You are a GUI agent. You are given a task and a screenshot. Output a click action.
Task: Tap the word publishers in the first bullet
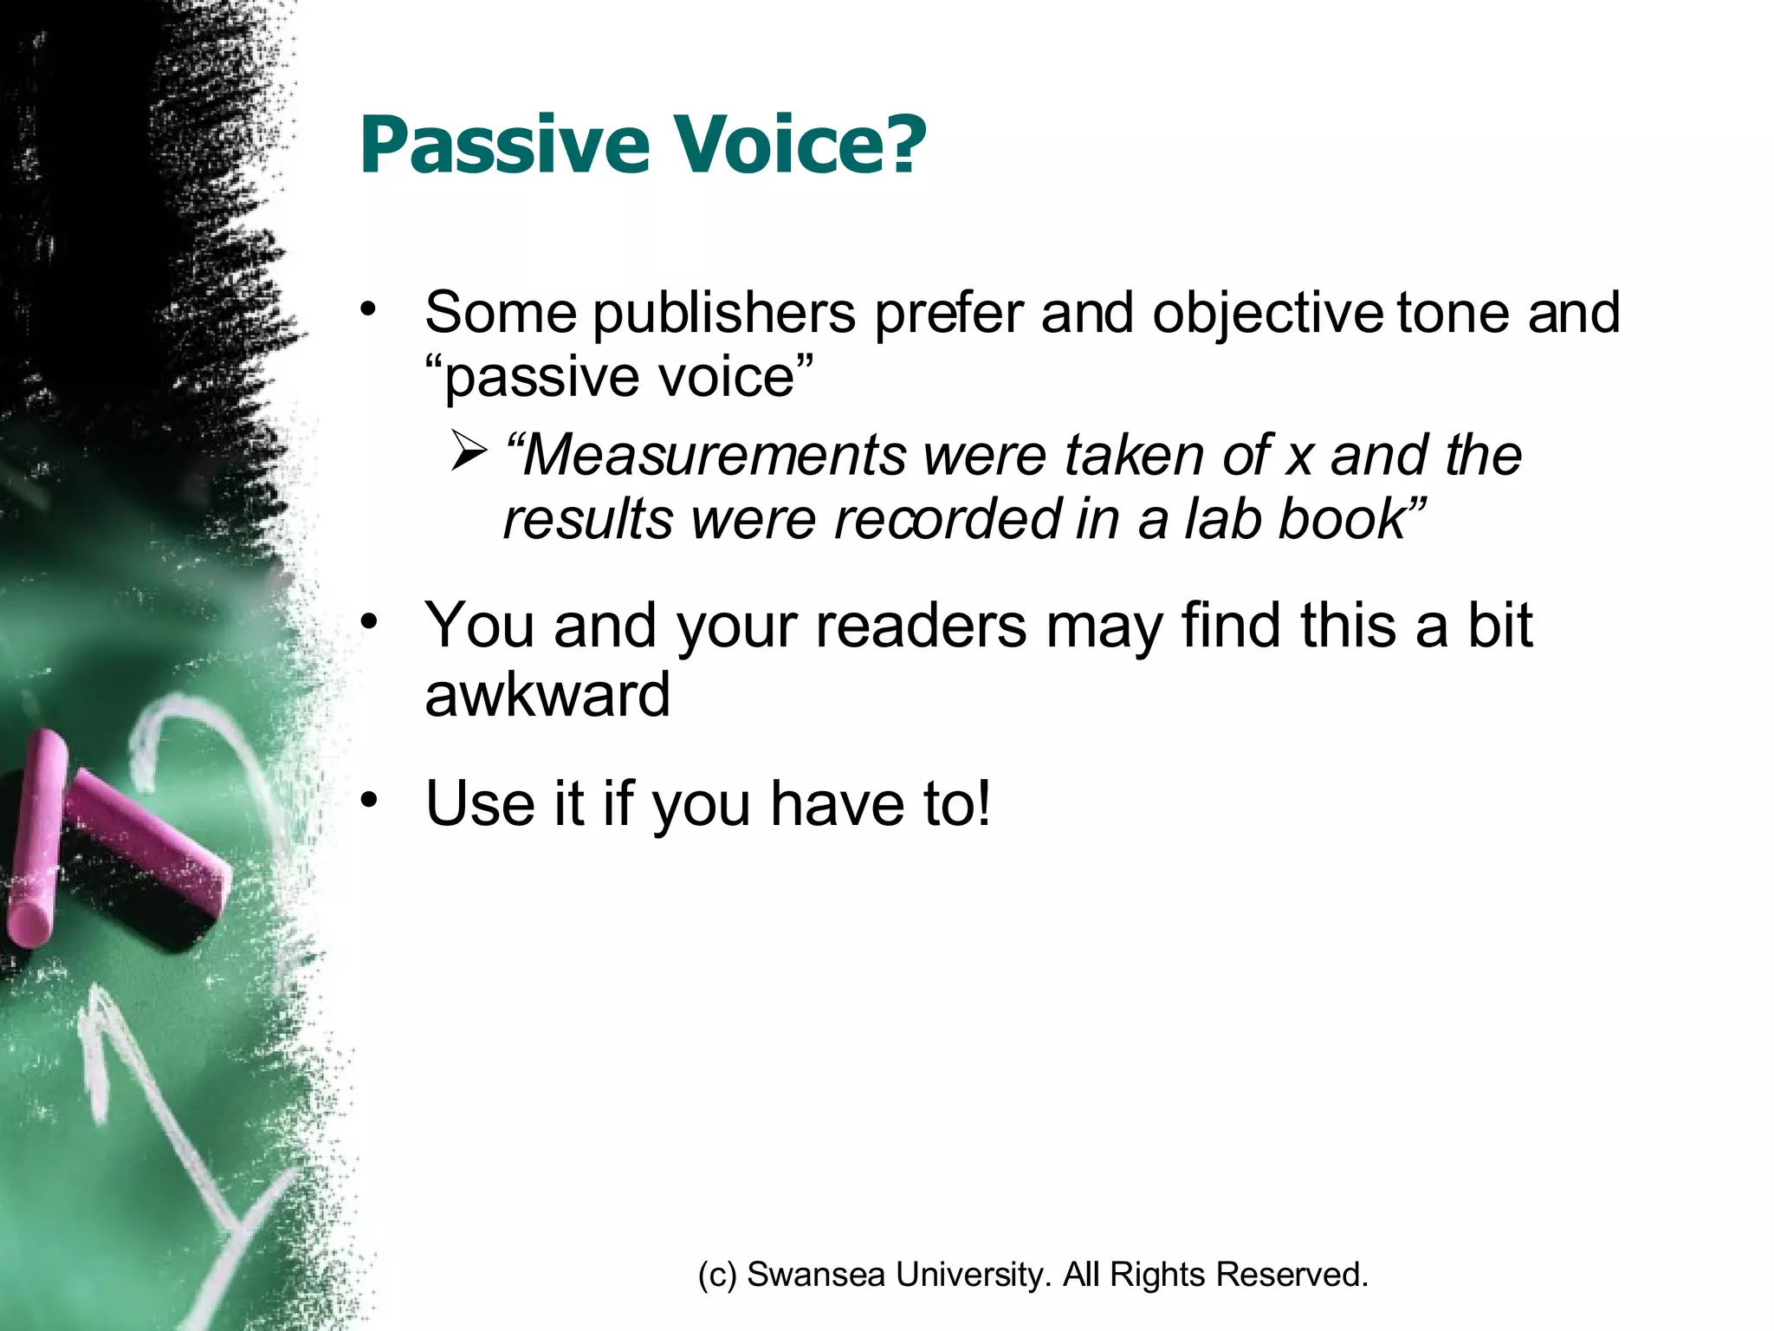coord(724,314)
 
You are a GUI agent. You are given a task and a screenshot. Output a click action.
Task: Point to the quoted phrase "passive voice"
coord(619,377)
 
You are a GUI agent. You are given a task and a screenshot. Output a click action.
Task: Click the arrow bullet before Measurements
coord(469,452)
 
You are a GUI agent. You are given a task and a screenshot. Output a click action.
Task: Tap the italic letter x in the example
coord(1298,457)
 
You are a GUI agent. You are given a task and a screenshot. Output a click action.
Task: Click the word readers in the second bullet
coord(921,626)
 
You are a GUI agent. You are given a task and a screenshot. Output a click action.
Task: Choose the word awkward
coord(547,695)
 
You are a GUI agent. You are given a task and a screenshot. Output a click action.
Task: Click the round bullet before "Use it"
coord(370,801)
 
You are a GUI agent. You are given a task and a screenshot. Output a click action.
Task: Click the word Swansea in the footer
coord(815,1275)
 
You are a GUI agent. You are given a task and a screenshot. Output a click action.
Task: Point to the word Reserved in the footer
coord(1291,1275)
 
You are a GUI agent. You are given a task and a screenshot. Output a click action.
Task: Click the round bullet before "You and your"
coord(370,622)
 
